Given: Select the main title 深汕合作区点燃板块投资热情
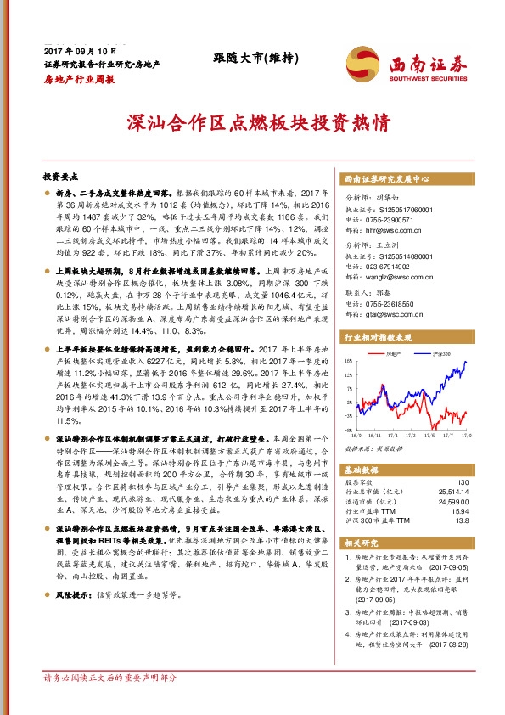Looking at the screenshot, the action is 252,122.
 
